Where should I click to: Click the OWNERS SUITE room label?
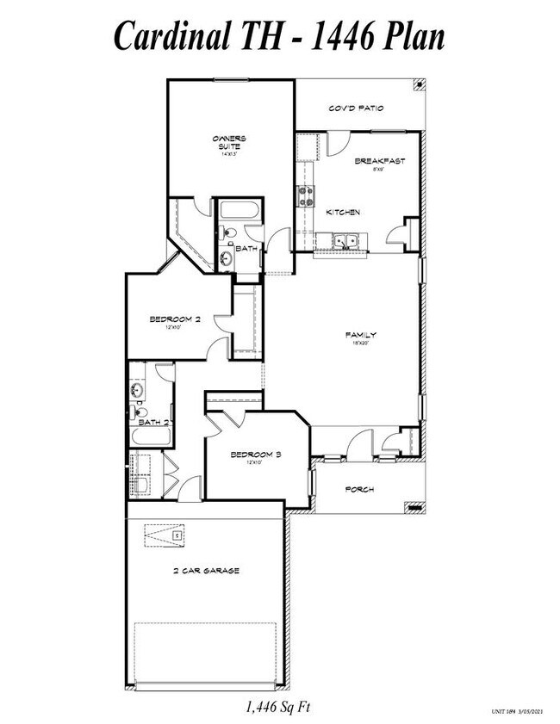[230, 142]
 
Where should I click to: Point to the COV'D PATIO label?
[355, 109]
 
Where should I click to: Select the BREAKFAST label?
[379, 161]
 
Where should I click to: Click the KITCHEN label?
[342, 212]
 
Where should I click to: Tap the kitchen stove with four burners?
[306, 196]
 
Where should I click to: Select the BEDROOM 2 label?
[175, 319]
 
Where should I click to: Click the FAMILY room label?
[361, 335]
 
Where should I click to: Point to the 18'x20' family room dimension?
[361, 343]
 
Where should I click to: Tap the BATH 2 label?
[153, 422]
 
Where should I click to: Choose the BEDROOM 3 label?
[256, 454]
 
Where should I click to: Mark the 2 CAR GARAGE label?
[206, 571]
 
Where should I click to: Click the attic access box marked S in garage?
[176, 535]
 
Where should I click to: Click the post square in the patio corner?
[418, 84]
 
